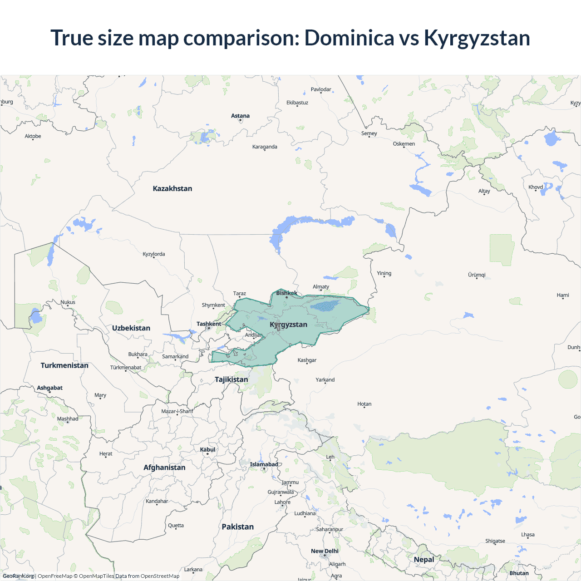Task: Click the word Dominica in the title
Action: pyautogui.click(x=349, y=38)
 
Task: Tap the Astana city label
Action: pyautogui.click(x=240, y=116)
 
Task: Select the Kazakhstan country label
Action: pyautogui.click(x=172, y=188)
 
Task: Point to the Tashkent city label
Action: pyautogui.click(x=209, y=324)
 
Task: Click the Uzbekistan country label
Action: pyautogui.click(x=131, y=328)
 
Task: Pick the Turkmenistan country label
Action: pyautogui.click(x=64, y=365)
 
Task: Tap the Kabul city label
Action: pyautogui.click(x=207, y=449)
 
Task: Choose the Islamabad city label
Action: pyautogui.click(x=264, y=464)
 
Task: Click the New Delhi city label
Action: pyautogui.click(x=325, y=551)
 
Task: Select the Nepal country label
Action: pyautogui.click(x=424, y=559)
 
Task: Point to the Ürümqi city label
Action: pyautogui.click(x=477, y=275)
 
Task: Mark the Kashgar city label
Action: pyautogui.click(x=307, y=360)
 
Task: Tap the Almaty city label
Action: pyautogui.click(x=321, y=286)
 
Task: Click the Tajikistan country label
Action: pyautogui.click(x=231, y=379)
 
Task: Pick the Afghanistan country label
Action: pyautogui.click(x=164, y=468)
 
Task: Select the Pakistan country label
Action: pyautogui.click(x=237, y=527)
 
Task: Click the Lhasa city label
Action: pyautogui.click(x=527, y=534)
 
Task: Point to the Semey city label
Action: pyautogui.click(x=369, y=133)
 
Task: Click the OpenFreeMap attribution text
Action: pyautogui.click(x=55, y=576)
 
